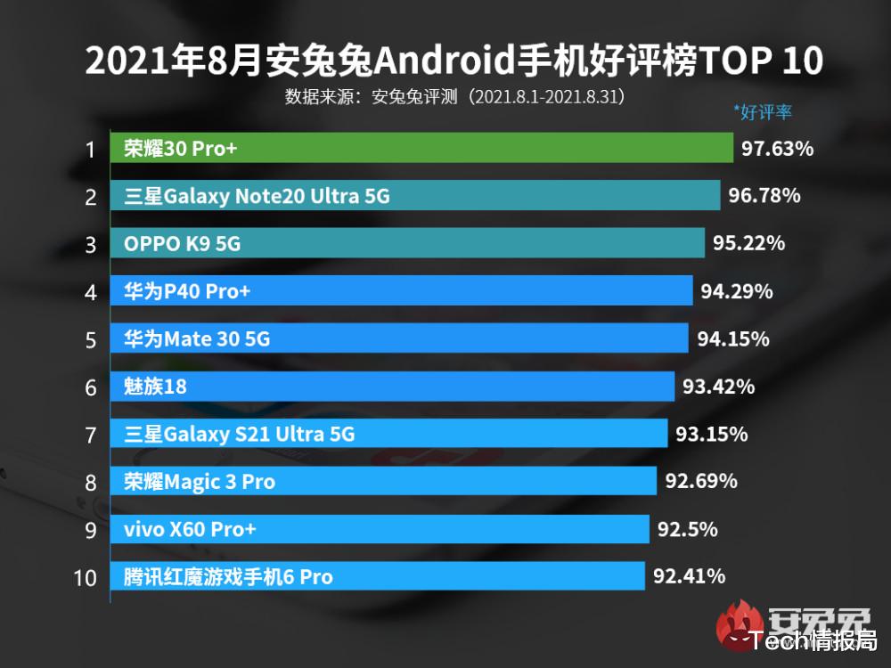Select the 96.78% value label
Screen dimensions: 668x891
[764, 195]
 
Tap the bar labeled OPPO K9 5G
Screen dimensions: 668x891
[407, 243]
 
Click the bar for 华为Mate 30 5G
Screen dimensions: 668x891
[399, 338]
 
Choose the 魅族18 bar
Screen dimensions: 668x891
[392, 387]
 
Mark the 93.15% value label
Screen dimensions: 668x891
[711, 435]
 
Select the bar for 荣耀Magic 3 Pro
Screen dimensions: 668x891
[383, 482]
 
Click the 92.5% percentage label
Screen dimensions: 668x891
[687, 530]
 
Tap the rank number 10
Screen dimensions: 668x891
[86, 578]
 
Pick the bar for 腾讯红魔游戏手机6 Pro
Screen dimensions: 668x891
[377, 577]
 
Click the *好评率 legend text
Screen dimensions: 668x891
[762, 112]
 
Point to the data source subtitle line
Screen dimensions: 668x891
[454, 96]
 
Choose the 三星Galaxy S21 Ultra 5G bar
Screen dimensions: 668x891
[388, 434]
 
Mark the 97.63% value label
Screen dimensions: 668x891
[777, 149]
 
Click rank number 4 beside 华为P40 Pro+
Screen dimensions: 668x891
[90, 292]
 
